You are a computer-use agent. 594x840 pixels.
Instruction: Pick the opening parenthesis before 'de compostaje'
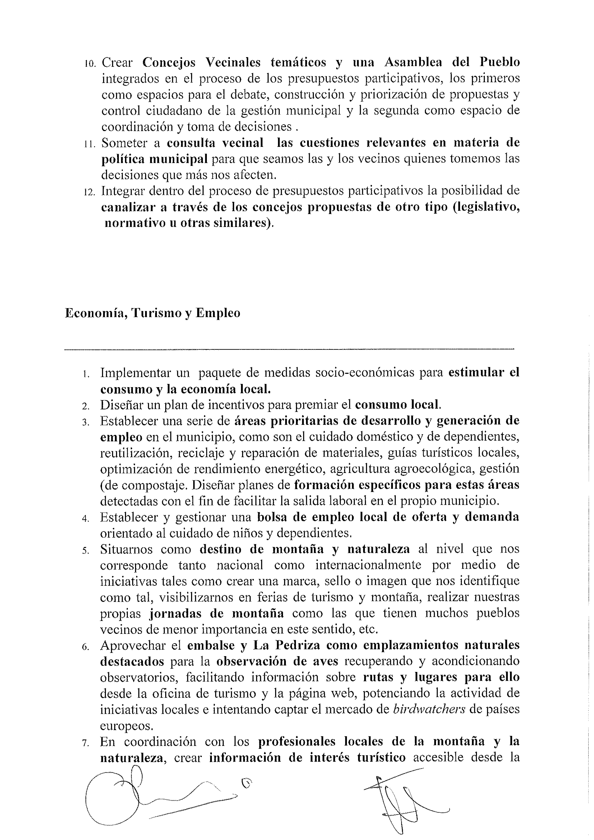coord(102,485)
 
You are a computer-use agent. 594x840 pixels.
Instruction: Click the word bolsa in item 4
coord(270,517)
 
